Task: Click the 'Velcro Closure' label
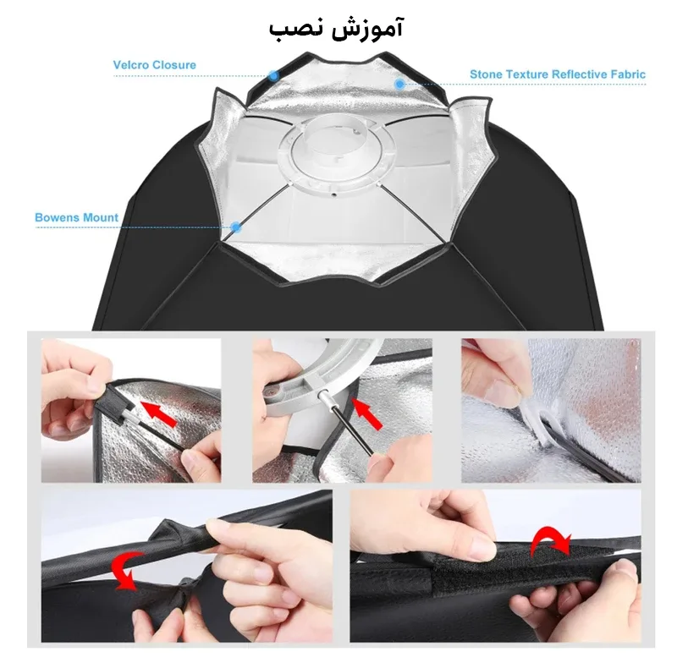[155, 65]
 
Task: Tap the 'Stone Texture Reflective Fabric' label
[558, 74]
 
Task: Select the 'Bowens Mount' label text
[76, 217]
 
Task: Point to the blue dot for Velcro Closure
[272, 75]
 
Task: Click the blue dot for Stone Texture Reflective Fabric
[399, 84]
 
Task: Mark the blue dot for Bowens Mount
[235, 227]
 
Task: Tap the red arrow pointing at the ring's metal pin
[367, 413]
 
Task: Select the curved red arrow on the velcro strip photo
[551, 539]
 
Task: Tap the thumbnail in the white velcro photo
[498, 393]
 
